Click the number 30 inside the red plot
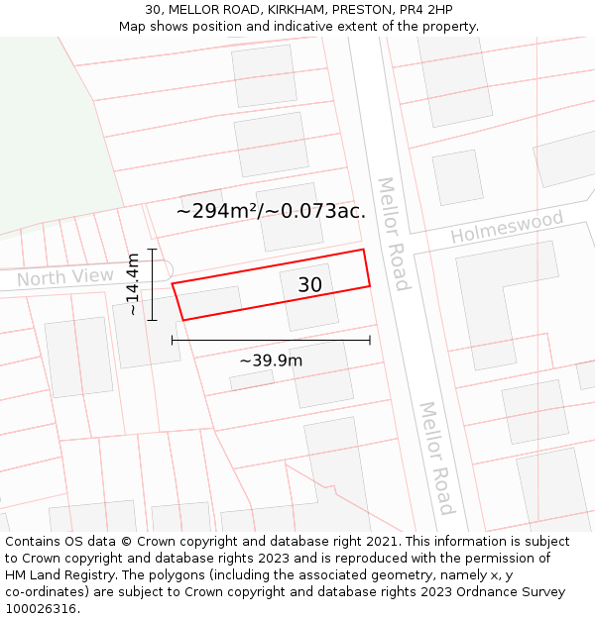tap(309, 285)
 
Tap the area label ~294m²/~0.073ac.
tap(271, 211)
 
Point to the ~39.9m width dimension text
tap(271, 361)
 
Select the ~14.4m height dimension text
tap(132, 284)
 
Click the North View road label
tap(65, 277)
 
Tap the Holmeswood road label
tap(507, 227)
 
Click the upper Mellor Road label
tap(393, 234)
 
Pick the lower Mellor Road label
tap(435, 458)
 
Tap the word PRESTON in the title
tap(363, 10)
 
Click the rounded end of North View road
tap(166, 268)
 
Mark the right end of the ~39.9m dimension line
tap(370, 340)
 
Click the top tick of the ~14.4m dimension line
tap(152, 249)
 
